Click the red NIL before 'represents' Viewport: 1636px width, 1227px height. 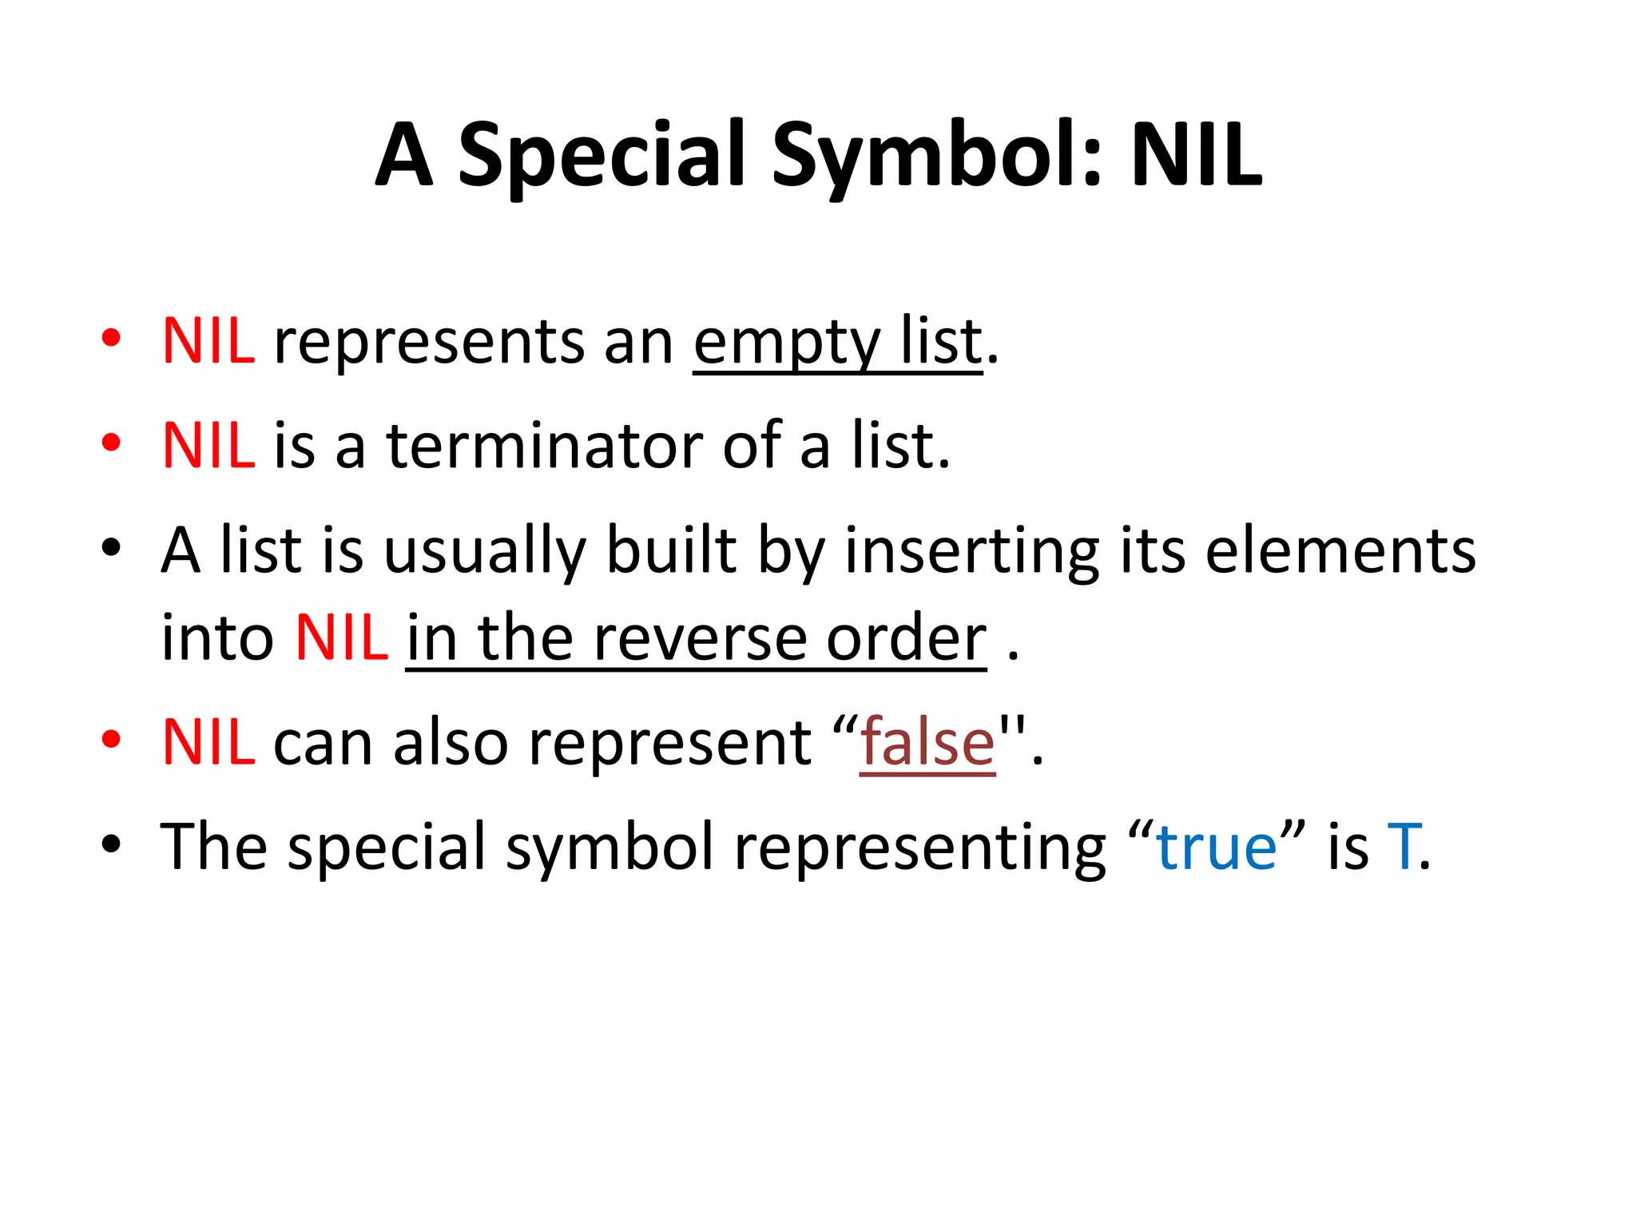tap(208, 341)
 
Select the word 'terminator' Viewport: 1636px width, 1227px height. tap(546, 446)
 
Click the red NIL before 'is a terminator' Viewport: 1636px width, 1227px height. tap(208, 446)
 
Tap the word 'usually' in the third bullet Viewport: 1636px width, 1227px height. tap(485, 551)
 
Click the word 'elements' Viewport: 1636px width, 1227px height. tap(1340, 551)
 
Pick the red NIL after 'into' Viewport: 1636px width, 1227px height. tap(341, 638)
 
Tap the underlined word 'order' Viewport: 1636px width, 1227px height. tap(906, 638)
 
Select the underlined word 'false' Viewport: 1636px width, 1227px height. tap(927, 742)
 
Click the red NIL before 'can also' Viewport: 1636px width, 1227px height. tap(208, 742)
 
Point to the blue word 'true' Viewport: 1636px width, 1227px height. tap(1216, 847)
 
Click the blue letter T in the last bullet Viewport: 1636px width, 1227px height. tap(1402, 847)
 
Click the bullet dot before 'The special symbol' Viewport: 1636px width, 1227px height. tap(111, 844)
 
